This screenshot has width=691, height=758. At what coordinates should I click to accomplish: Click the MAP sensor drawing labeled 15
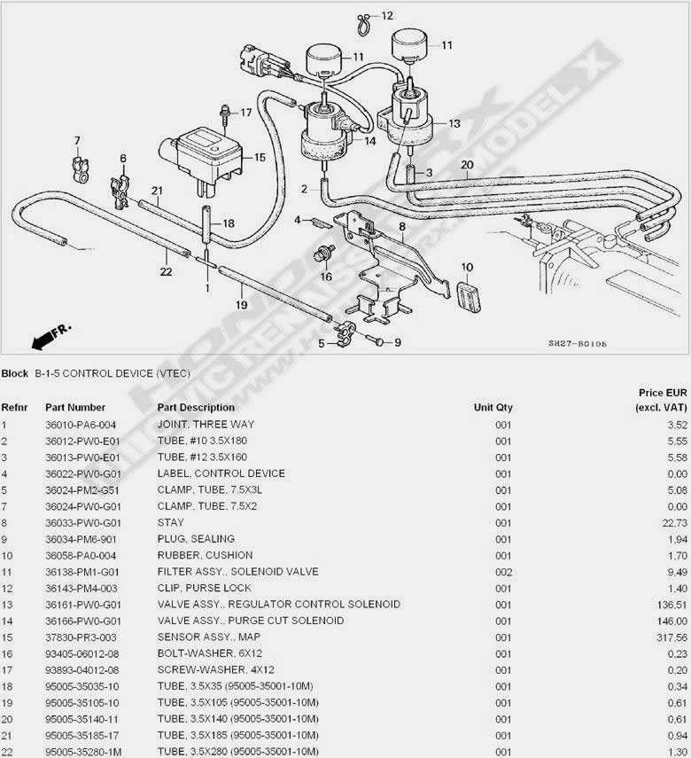tap(200, 157)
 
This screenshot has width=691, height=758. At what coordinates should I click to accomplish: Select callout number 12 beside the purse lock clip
tap(387, 16)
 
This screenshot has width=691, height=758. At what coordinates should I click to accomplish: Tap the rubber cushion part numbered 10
tap(469, 294)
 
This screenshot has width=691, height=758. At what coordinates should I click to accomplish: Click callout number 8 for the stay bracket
tap(402, 226)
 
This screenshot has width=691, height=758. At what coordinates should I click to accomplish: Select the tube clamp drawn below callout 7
tap(82, 169)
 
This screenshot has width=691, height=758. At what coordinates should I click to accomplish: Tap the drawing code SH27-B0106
tap(577, 344)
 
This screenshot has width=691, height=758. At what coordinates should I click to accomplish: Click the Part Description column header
tap(196, 408)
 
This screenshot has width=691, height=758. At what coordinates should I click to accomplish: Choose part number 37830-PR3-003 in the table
tap(81, 637)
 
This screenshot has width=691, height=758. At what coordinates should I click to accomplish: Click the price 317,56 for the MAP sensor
tap(672, 637)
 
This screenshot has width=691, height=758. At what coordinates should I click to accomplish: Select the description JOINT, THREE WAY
tap(206, 425)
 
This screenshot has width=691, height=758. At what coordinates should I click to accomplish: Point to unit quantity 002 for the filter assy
tap(503, 572)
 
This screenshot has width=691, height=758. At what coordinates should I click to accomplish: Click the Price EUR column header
tap(662, 400)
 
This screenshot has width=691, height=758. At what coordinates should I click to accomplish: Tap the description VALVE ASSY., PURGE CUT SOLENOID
tap(251, 621)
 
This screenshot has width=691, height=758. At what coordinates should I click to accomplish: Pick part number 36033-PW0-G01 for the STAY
tap(83, 523)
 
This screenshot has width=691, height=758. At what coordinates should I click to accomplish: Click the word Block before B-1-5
tap(14, 374)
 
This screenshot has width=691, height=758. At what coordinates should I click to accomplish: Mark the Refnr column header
tap(14, 408)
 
